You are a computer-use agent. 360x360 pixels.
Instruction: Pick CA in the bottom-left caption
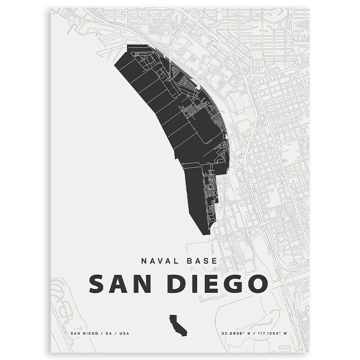[x=108, y=333]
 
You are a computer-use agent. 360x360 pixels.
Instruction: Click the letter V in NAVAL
[x=157, y=261]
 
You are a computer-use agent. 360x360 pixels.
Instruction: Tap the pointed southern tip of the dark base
[x=208, y=234]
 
